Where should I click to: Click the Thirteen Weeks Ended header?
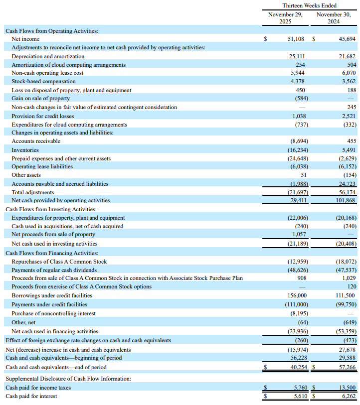click(x=309, y=5)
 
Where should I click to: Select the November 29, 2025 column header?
click(x=285, y=18)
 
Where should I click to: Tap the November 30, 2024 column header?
click(x=334, y=18)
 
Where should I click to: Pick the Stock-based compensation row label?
click(x=44, y=81)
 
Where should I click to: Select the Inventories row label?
click(x=25, y=150)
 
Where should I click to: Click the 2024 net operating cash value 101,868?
click(x=344, y=200)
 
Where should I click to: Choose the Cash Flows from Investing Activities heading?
click(x=51, y=209)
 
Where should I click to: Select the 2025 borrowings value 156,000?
click(x=296, y=295)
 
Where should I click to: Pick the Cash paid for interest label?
click(x=31, y=396)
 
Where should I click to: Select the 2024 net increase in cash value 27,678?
click(x=347, y=350)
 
